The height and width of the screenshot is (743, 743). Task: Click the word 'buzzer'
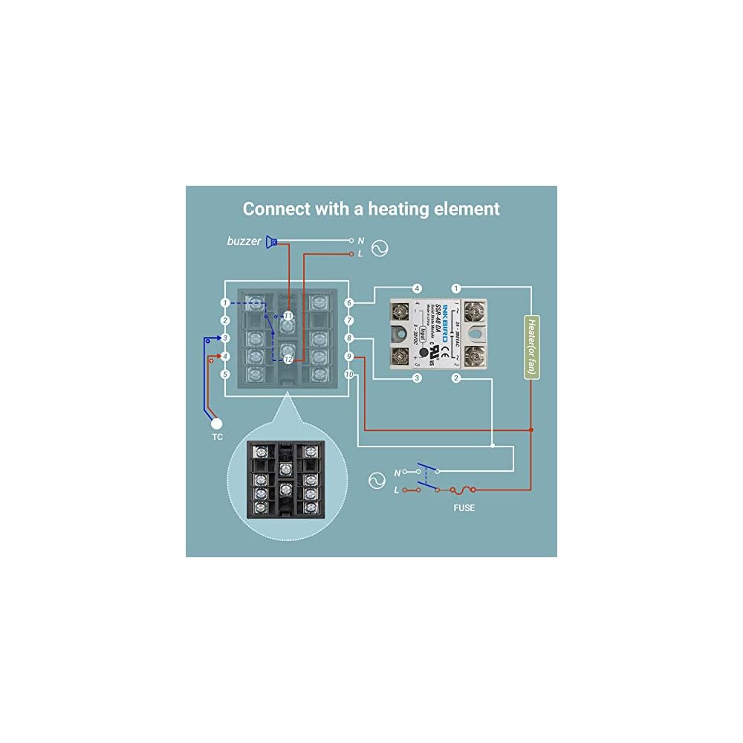click(244, 241)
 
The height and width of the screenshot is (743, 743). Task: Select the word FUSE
click(464, 508)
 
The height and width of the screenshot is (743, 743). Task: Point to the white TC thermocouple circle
click(216, 424)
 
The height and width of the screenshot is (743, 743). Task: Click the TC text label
click(217, 438)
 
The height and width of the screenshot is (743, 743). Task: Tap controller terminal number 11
click(288, 316)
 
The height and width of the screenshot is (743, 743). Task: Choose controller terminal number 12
click(288, 359)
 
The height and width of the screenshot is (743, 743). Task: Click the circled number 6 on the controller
click(349, 302)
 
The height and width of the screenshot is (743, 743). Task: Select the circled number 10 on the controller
click(349, 374)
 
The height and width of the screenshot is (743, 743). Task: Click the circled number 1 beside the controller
click(224, 303)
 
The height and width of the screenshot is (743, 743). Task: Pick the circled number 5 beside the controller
click(224, 374)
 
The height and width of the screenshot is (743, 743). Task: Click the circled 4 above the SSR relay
click(418, 288)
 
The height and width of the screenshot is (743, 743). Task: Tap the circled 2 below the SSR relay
click(456, 379)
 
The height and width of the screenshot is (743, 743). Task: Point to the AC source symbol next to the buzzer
click(379, 248)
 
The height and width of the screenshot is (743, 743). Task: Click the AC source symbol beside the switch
click(377, 481)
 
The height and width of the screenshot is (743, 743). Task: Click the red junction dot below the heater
click(531, 429)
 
